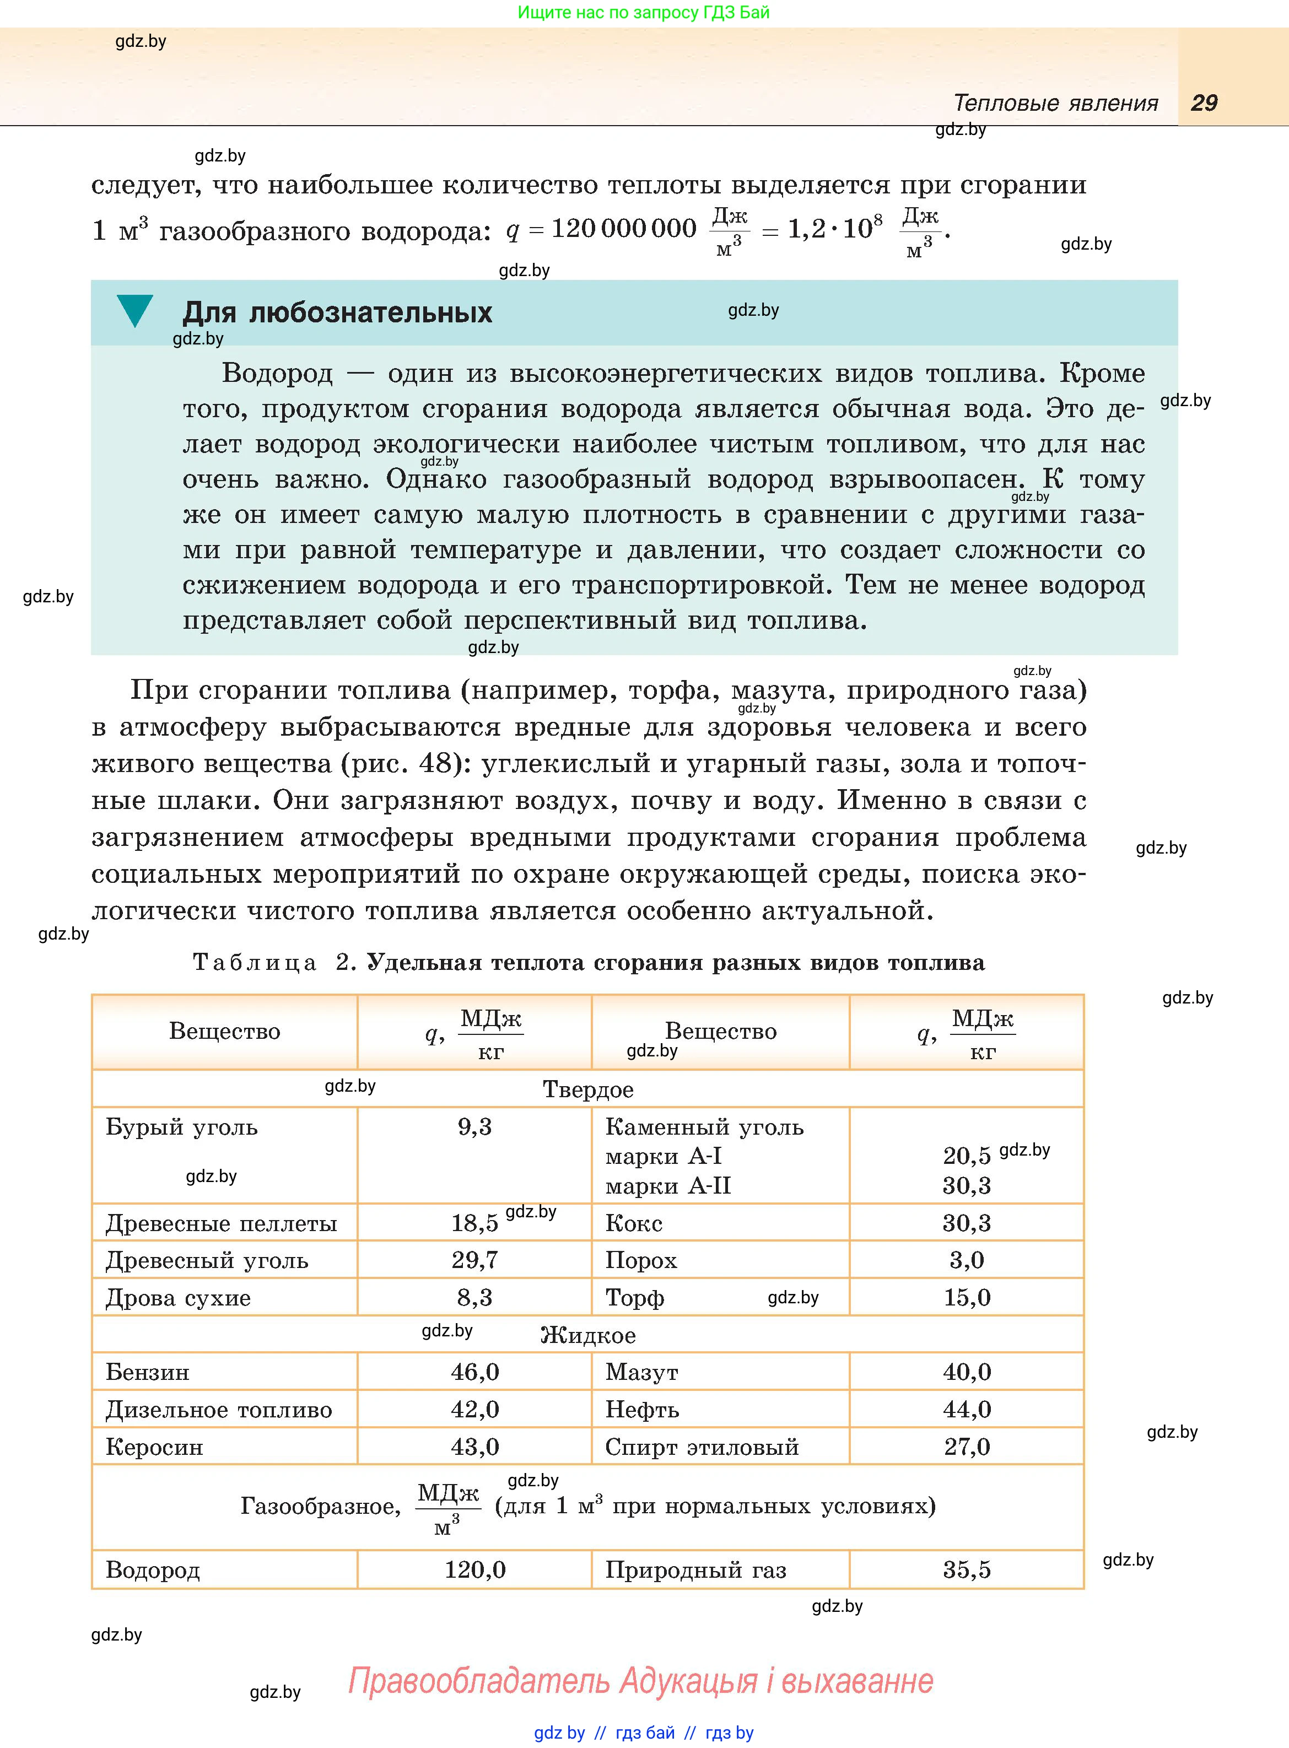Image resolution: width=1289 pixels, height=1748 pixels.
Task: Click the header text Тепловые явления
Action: pos(1056,103)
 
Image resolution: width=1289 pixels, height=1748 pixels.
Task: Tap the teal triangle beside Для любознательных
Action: pos(135,310)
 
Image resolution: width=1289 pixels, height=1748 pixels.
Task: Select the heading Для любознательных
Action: pos(337,313)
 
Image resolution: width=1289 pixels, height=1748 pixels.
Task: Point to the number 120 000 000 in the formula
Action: pos(623,229)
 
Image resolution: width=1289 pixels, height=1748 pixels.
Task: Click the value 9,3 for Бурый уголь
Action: pos(474,1126)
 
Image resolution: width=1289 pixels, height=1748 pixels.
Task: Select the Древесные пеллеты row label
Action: pos(221,1223)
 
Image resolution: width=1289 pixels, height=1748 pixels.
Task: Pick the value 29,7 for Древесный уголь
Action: pos(474,1260)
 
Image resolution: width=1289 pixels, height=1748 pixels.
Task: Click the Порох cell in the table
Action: pos(641,1260)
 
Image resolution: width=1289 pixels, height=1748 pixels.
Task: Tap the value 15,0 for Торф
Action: pos(967,1297)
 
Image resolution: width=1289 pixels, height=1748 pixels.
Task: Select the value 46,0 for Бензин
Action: pos(474,1372)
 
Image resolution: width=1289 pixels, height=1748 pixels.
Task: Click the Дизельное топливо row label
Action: pos(218,1410)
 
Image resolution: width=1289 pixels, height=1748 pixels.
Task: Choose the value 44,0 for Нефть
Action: pos(967,1410)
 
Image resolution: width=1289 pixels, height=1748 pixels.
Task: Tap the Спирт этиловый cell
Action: pos(702,1447)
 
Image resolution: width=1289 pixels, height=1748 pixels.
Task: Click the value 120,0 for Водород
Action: pos(474,1569)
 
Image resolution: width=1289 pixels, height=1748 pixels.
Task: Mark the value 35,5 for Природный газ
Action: pos(967,1569)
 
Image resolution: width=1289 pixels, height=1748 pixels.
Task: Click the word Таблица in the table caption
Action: pos(255,963)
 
